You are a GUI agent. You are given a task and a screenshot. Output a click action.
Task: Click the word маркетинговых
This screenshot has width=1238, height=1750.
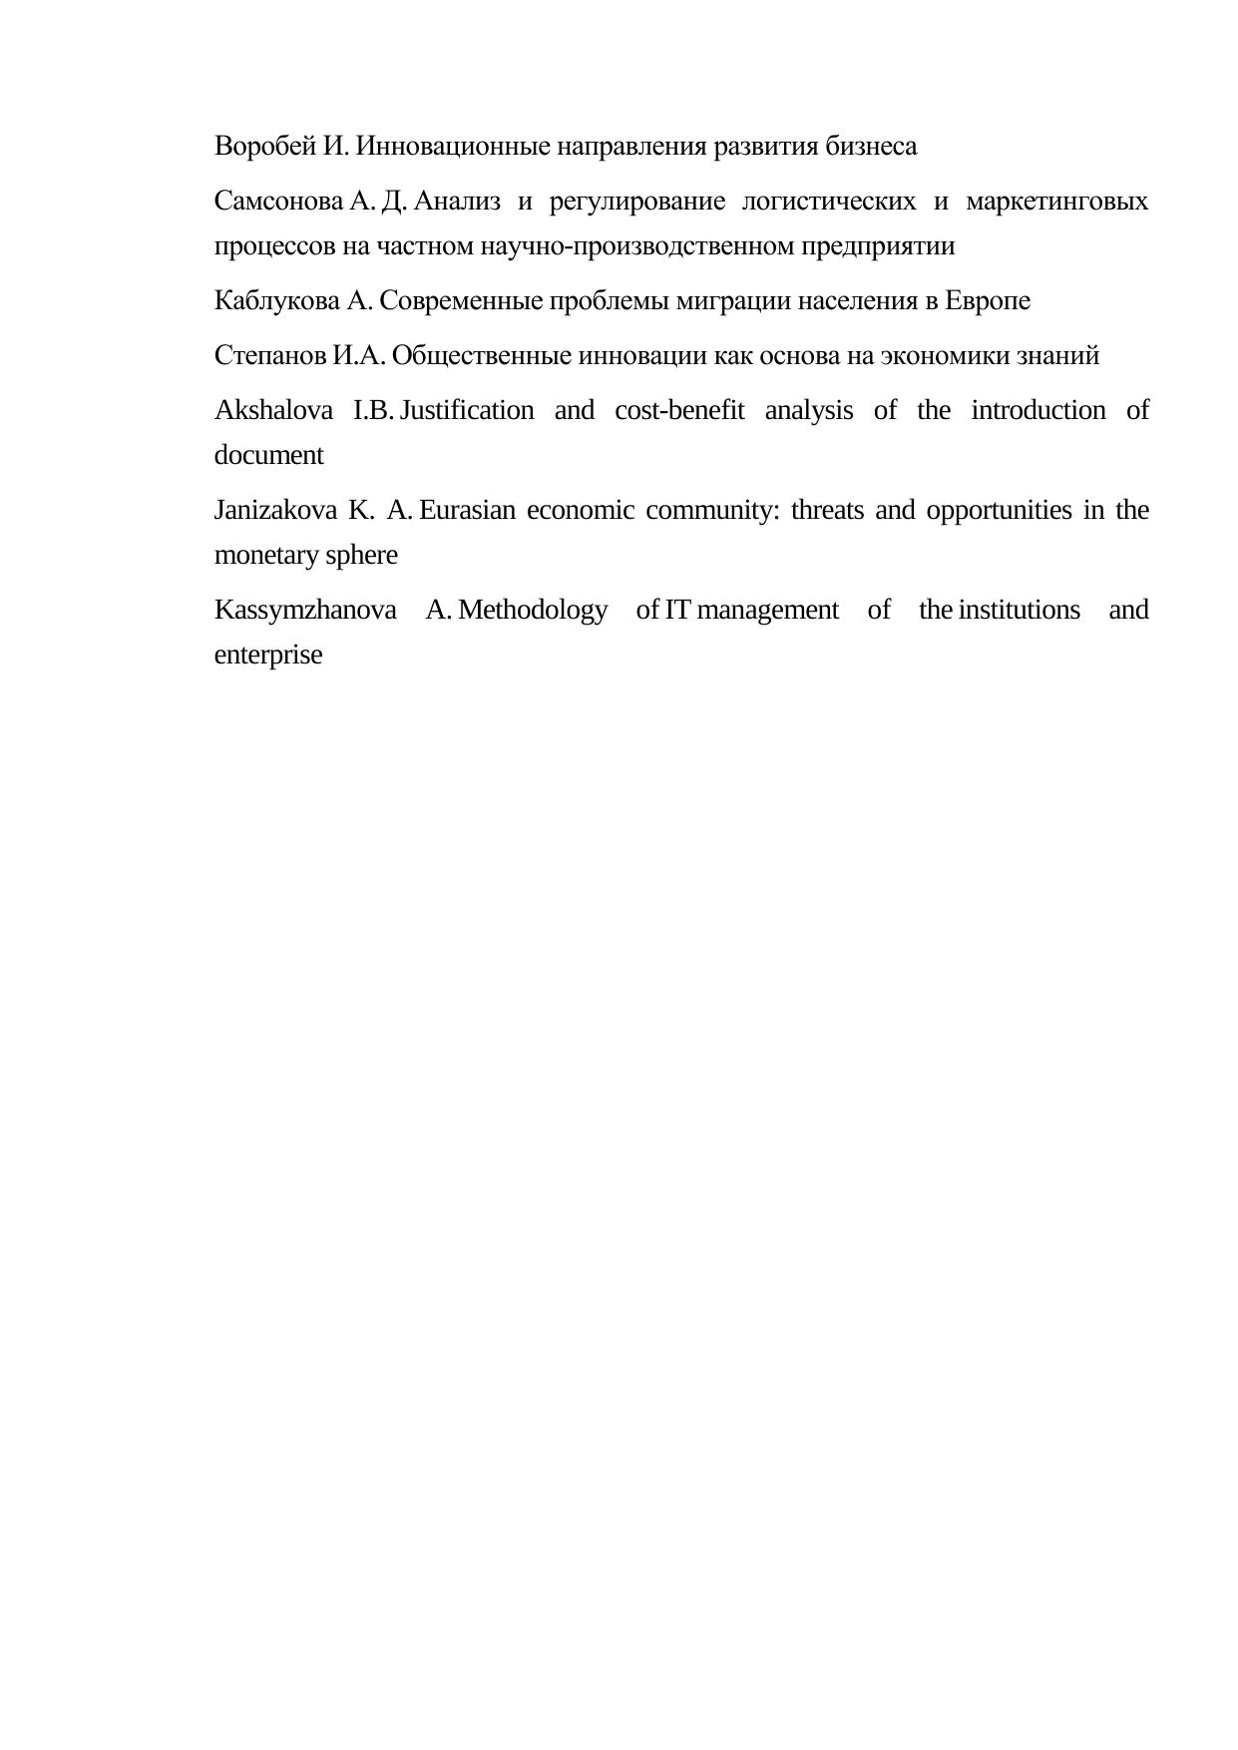pos(1057,202)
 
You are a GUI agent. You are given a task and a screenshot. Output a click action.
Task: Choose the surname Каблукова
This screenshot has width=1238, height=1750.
pos(276,301)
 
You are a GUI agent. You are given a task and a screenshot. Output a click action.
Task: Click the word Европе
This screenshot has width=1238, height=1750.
pos(988,301)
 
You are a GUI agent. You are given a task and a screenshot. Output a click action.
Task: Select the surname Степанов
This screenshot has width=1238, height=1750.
pos(270,356)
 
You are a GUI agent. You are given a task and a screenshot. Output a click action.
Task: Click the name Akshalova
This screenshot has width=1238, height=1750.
pos(274,411)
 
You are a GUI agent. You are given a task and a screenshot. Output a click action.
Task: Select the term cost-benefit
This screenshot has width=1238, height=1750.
pos(679,411)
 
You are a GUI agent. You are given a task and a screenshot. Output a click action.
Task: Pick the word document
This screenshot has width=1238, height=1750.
pos(269,456)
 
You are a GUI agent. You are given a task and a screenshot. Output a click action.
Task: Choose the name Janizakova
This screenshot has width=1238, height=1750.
pos(275,511)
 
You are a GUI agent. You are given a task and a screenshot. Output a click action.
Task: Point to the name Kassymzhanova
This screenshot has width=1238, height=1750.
pos(305,611)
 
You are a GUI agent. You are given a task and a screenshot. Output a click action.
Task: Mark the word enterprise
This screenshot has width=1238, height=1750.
pos(268,656)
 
